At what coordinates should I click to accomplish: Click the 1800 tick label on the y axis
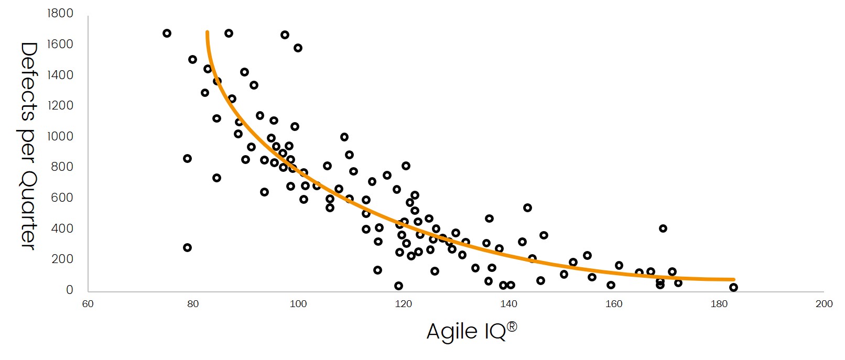click(x=60, y=13)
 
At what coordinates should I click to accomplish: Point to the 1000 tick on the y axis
click(x=60, y=136)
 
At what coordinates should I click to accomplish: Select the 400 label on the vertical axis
click(x=62, y=228)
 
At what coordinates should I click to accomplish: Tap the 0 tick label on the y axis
click(x=69, y=290)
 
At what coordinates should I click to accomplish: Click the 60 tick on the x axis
click(x=88, y=304)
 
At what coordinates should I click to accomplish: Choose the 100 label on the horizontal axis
click(x=298, y=304)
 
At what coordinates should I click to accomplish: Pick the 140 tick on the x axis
click(x=508, y=304)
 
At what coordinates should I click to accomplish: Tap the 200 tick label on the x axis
click(x=824, y=304)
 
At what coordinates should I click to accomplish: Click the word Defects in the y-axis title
click(x=28, y=82)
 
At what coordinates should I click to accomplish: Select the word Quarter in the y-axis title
click(x=28, y=210)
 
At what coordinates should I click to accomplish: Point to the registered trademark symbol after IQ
click(x=512, y=326)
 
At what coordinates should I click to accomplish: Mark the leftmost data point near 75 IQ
click(x=167, y=34)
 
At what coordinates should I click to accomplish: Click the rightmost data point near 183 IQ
click(x=733, y=287)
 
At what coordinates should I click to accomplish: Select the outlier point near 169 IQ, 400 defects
click(x=663, y=228)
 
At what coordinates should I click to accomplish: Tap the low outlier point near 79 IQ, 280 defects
click(x=187, y=247)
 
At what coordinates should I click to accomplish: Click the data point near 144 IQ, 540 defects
click(x=527, y=208)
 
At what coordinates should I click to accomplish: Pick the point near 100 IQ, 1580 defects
click(x=298, y=48)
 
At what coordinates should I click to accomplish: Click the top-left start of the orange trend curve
click(x=207, y=32)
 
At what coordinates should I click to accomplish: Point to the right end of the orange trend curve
click(x=733, y=280)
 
